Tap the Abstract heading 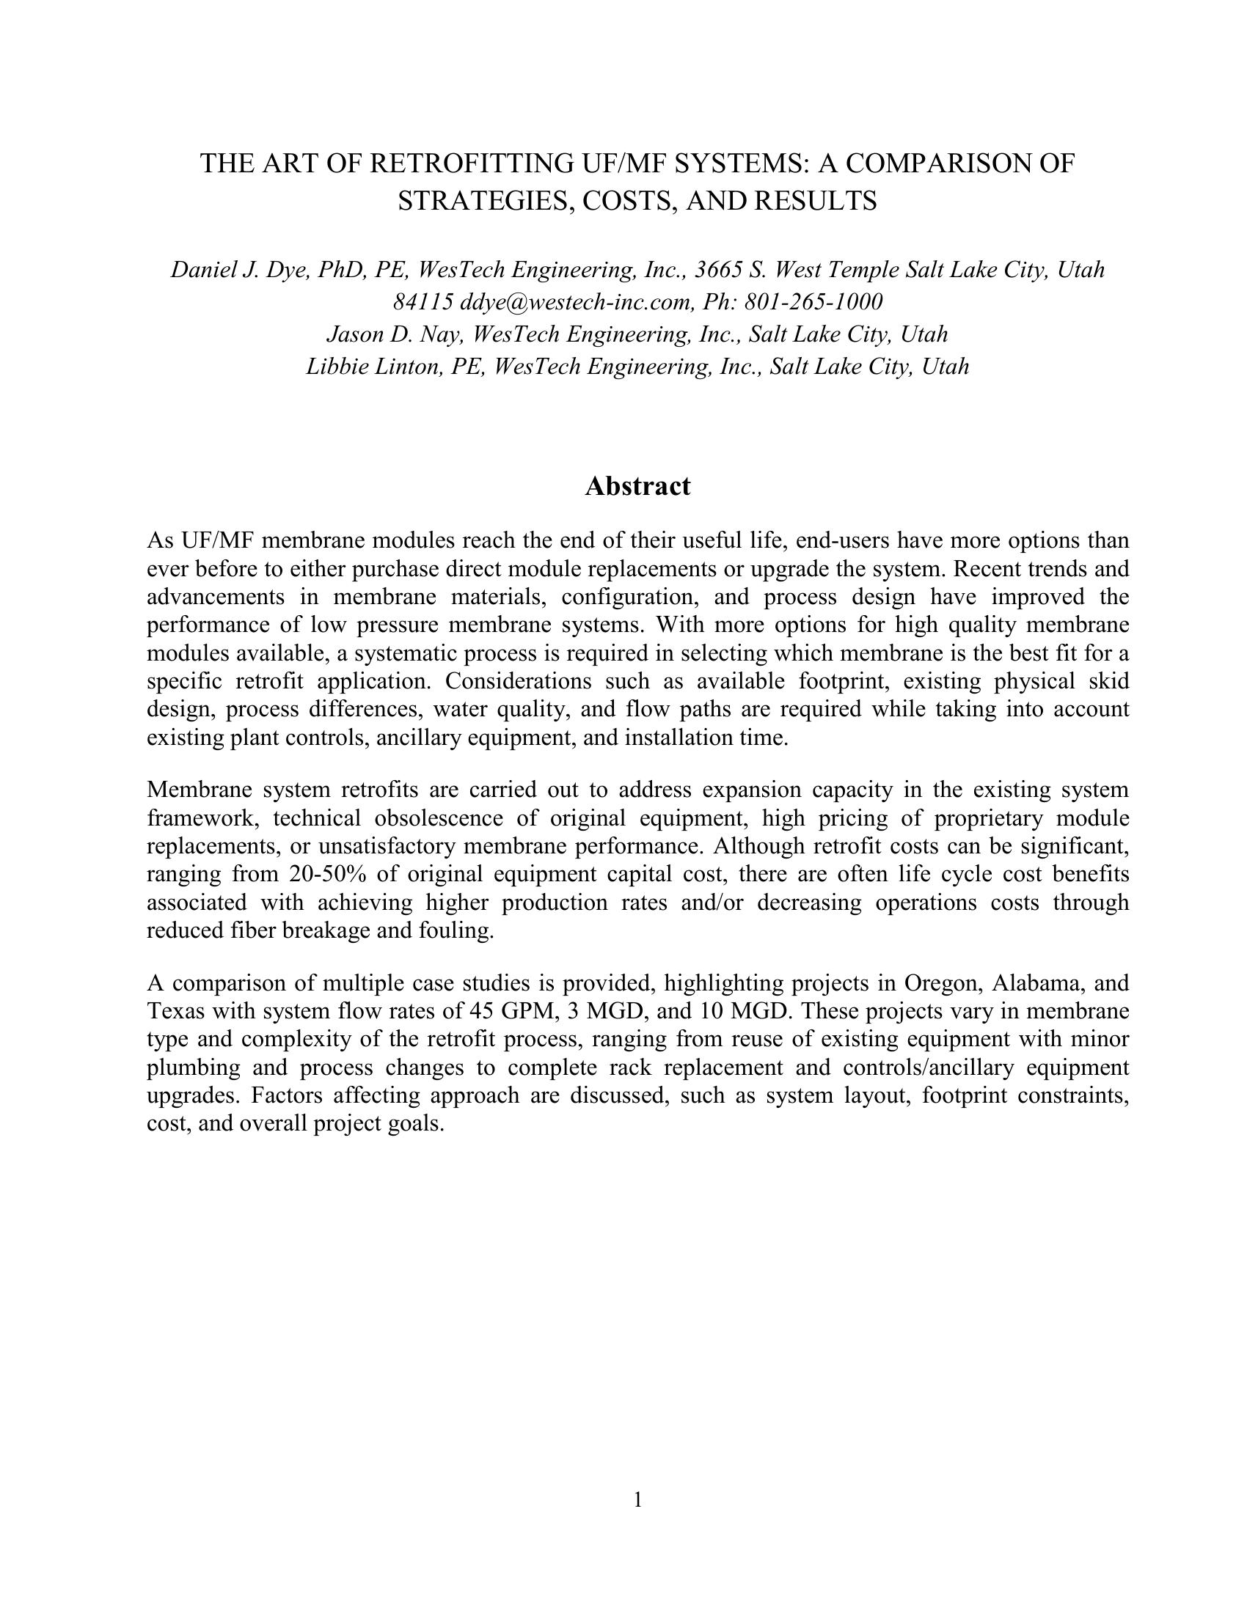tap(637, 487)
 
